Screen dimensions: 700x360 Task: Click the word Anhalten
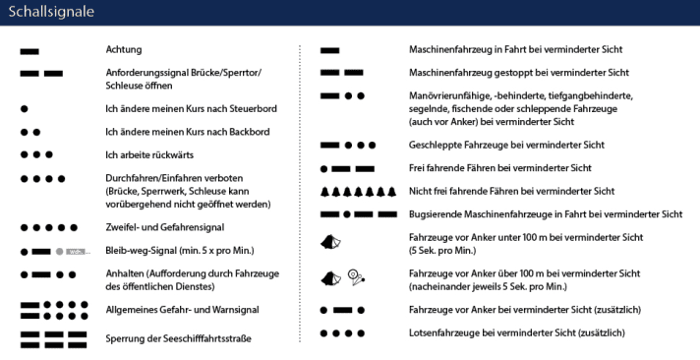click(127, 274)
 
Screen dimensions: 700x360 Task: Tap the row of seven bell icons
click(358, 191)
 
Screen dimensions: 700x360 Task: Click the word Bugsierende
click(437, 213)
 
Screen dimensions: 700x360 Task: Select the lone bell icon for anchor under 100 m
click(330, 242)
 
